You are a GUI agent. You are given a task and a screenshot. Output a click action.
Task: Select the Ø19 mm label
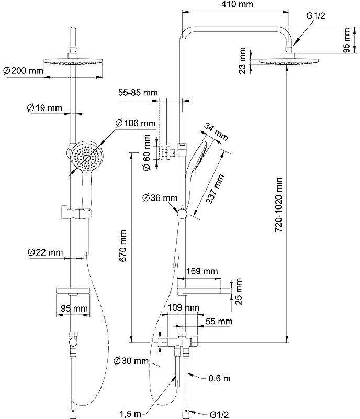tap(44, 108)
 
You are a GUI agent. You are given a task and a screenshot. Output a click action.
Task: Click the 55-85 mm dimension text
tap(138, 93)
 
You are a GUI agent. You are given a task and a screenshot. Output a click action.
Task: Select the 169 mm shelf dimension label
tap(202, 271)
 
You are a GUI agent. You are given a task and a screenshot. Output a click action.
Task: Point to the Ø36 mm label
tap(160, 198)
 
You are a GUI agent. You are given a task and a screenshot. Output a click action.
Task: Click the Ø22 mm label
tap(45, 252)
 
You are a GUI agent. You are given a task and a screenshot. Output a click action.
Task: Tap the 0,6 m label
tap(219, 378)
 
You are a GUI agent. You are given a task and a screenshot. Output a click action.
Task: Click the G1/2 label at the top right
tap(317, 17)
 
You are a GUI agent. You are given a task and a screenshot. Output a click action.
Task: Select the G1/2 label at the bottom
tap(219, 414)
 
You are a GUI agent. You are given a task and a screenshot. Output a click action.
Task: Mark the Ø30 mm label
tap(131, 361)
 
